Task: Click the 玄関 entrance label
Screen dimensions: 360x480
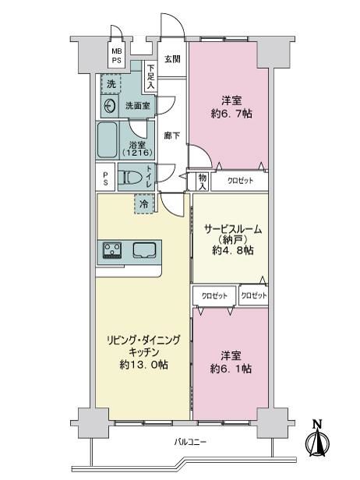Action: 172,59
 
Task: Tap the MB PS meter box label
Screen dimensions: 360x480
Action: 116,56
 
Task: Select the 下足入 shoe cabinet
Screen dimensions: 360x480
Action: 150,76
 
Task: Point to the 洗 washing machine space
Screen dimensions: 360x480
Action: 111,83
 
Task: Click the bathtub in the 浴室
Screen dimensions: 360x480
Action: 108,140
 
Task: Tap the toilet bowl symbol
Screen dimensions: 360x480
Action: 132,177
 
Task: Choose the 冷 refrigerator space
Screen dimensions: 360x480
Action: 144,203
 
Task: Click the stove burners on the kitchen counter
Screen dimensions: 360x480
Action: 112,251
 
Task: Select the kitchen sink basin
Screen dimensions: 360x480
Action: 145,249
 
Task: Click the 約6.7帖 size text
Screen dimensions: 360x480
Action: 231,114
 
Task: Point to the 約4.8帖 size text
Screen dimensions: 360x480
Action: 233,250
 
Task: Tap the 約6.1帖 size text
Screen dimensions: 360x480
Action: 231,369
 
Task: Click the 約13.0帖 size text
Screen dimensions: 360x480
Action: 143,365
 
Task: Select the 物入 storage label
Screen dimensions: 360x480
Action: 203,182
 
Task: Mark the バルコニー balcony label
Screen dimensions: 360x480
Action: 190,442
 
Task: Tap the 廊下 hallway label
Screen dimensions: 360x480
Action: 172,136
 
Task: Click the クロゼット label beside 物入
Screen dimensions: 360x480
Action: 240,181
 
